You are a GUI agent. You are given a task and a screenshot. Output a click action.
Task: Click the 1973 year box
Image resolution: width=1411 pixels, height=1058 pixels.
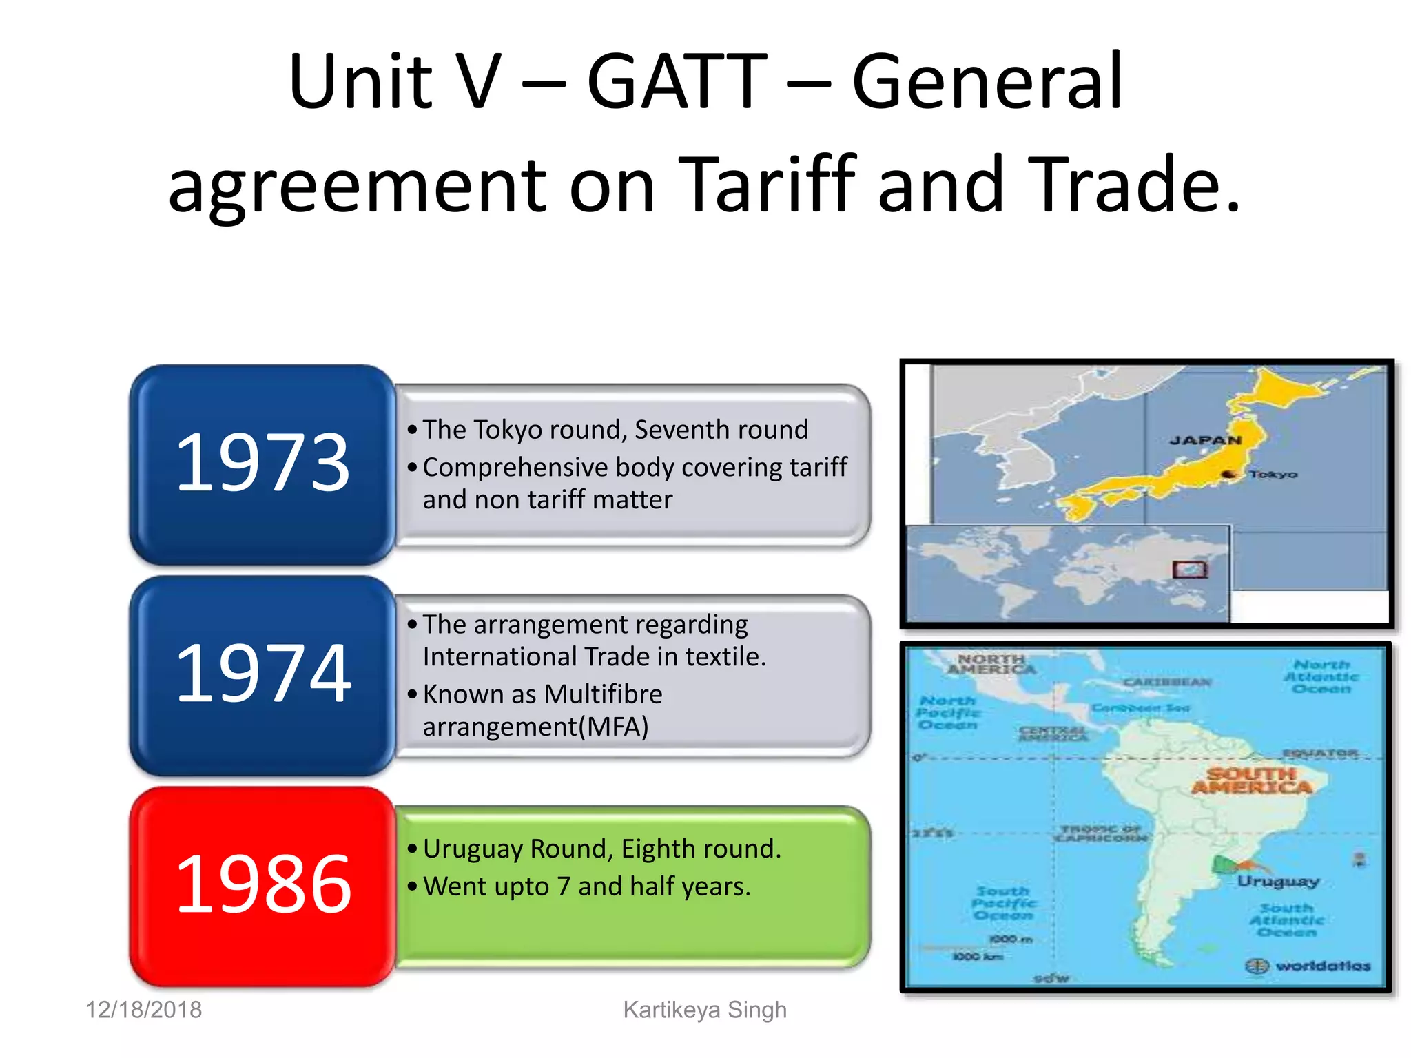coord(262,464)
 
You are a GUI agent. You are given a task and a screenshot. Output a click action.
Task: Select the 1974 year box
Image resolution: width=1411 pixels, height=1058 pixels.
coord(262,674)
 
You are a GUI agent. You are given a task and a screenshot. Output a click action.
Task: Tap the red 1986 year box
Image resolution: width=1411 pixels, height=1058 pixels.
coord(262,885)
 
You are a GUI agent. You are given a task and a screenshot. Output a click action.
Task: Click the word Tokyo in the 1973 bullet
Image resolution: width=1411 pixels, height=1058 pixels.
coord(504,430)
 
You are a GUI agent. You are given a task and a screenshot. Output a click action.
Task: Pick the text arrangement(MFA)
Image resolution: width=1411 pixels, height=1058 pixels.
coord(535,727)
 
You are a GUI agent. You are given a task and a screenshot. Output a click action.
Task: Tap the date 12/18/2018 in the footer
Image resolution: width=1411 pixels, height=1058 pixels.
coord(143,1010)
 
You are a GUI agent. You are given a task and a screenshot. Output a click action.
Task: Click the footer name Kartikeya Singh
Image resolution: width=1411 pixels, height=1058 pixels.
coord(704,1010)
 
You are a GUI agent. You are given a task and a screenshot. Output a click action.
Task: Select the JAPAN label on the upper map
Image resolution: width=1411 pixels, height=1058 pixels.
coord(1205,440)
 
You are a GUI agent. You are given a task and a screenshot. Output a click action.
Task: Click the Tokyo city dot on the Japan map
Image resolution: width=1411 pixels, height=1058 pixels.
coord(1228,474)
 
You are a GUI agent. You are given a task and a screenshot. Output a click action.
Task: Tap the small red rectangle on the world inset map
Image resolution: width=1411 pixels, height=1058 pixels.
coord(1190,570)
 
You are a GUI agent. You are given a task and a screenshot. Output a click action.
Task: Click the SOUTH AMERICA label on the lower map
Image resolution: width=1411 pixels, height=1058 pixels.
coord(1251,780)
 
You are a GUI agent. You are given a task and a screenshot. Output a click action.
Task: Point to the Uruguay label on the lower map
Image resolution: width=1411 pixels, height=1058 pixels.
coord(1277,881)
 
